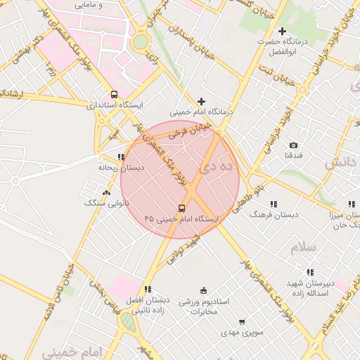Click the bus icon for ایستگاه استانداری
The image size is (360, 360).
(x=114, y=94)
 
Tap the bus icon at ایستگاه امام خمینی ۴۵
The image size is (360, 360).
(x=181, y=208)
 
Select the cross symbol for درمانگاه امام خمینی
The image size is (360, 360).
(x=202, y=101)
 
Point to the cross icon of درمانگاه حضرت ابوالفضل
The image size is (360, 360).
(x=282, y=31)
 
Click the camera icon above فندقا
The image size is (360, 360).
(x=293, y=145)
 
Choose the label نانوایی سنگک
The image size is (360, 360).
(x=104, y=202)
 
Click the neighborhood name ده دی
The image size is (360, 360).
(x=216, y=167)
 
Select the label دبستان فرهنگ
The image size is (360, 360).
(x=274, y=213)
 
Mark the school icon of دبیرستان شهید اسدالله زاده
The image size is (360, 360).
(x=309, y=273)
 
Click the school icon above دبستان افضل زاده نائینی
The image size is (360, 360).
(x=147, y=289)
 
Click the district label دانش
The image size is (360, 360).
(x=340, y=162)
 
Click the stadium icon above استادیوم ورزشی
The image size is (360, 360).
(x=204, y=290)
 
